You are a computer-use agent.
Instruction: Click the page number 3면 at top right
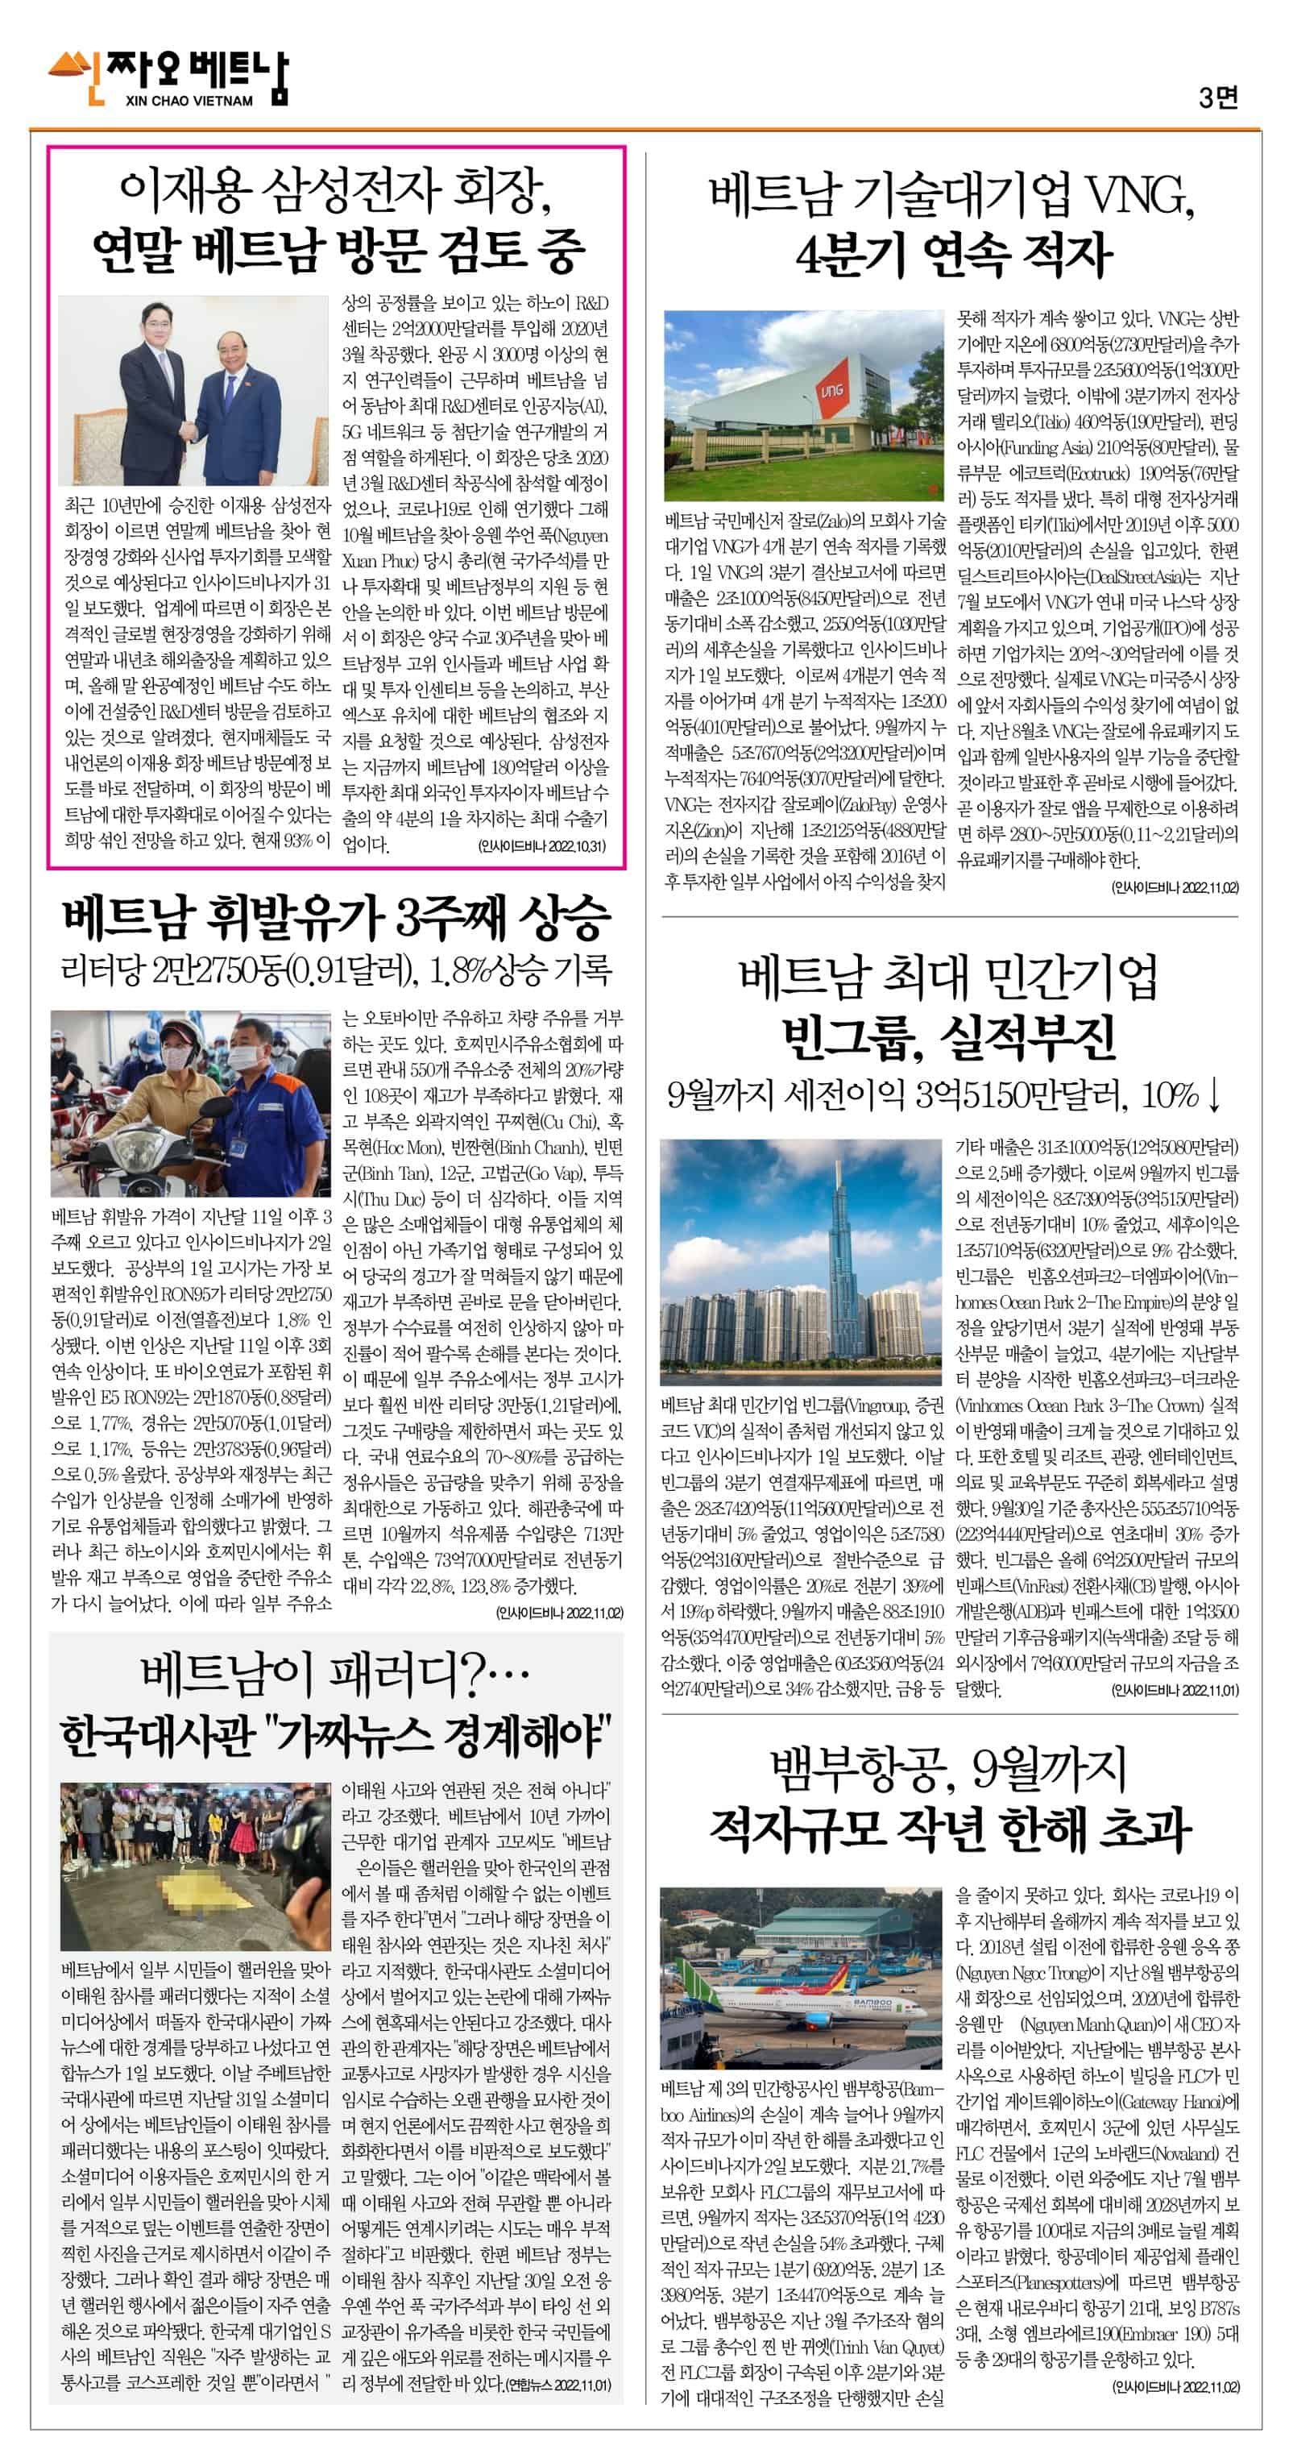(1217, 97)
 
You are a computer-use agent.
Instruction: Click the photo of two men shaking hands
(193, 390)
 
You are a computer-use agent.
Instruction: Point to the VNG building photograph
(802, 406)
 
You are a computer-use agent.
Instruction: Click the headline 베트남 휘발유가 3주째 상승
(336, 917)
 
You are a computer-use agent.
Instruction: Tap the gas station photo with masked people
(192, 1103)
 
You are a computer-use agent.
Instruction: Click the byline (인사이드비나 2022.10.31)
(541, 846)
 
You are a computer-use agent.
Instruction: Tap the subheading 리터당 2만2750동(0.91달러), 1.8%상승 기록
(336, 971)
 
